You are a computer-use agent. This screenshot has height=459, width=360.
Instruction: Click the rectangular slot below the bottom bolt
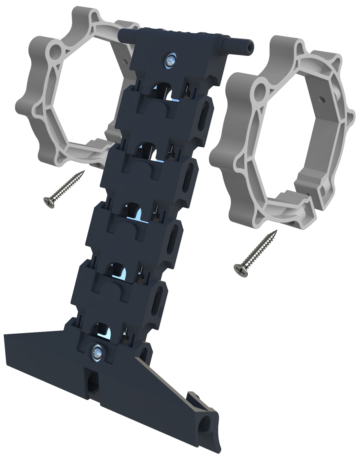(x=92, y=382)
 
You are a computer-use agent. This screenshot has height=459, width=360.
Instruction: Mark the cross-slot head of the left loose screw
(x=49, y=202)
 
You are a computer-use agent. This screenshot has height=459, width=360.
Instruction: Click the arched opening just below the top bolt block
(x=162, y=90)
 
